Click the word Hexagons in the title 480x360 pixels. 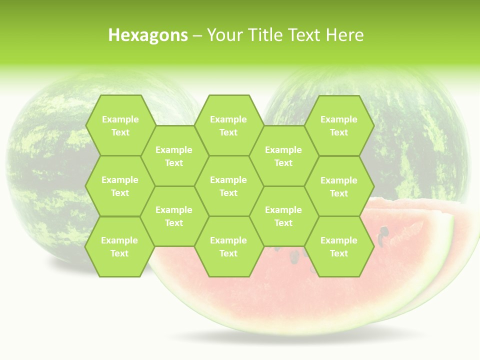(x=148, y=35)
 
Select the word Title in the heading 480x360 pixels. (x=265, y=35)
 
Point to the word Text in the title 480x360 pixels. (x=305, y=35)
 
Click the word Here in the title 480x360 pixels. (x=344, y=35)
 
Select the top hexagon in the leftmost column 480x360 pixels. (x=120, y=125)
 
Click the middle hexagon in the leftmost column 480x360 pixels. (x=120, y=186)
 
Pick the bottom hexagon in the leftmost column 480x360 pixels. (x=119, y=246)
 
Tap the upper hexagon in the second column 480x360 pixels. (x=174, y=156)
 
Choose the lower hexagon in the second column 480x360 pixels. (x=174, y=216)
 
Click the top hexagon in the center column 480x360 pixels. (x=228, y=125)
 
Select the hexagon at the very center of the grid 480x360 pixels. (x=228, y=186)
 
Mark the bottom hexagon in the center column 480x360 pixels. (x=228, y=246)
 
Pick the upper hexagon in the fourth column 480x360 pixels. (x=283, y=156)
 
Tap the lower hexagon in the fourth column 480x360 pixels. (x=283, y=216)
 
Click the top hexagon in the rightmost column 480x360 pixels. (x=339, y=125)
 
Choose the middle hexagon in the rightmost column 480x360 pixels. (x=339, y=186)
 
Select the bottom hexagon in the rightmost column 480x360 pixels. (x=339, y=246)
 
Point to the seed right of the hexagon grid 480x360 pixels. (x=384, y=231)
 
